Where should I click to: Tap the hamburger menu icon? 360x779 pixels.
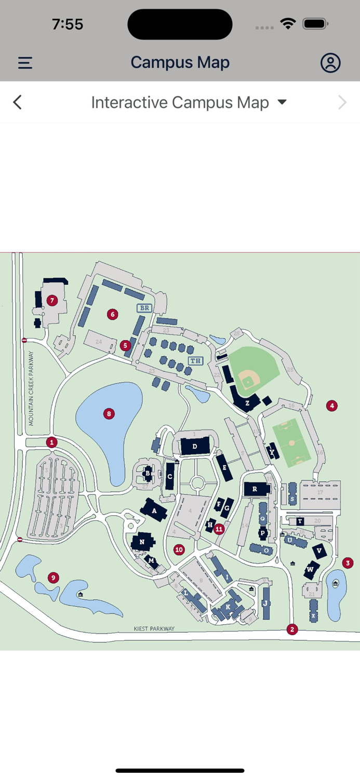(x=25, y=63)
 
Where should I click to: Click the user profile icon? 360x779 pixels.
(x=330, y=63)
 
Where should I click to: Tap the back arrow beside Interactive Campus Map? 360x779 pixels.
(x=18, y=102)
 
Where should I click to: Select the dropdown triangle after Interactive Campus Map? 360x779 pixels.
(x=282, y=102)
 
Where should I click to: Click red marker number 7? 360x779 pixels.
(x=51, y=300)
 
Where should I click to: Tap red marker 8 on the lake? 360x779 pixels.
(x=109, y=414)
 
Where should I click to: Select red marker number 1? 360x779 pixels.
(x=51, y=442)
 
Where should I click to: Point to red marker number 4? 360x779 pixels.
(x=332, y=406)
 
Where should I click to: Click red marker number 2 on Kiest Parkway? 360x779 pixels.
(x=292, y=629)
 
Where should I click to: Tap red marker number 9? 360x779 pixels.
(x=52, y=577)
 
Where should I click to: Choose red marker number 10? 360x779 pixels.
(x=179, y=549)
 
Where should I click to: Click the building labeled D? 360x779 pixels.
(x=195, y=446)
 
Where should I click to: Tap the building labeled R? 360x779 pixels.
(x=255, y=489)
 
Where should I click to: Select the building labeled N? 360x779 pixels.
(x=142, y=542)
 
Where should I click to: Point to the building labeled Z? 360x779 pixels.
(x=247, y=402)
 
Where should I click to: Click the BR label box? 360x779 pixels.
(x=144, y=308)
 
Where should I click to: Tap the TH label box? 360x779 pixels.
(x=195, y=361)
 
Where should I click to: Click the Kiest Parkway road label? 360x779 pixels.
(x=154, y=628)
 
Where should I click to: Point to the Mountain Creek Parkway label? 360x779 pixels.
(x=31, y=388)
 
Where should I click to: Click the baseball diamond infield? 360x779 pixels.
(x=249, y=382)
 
